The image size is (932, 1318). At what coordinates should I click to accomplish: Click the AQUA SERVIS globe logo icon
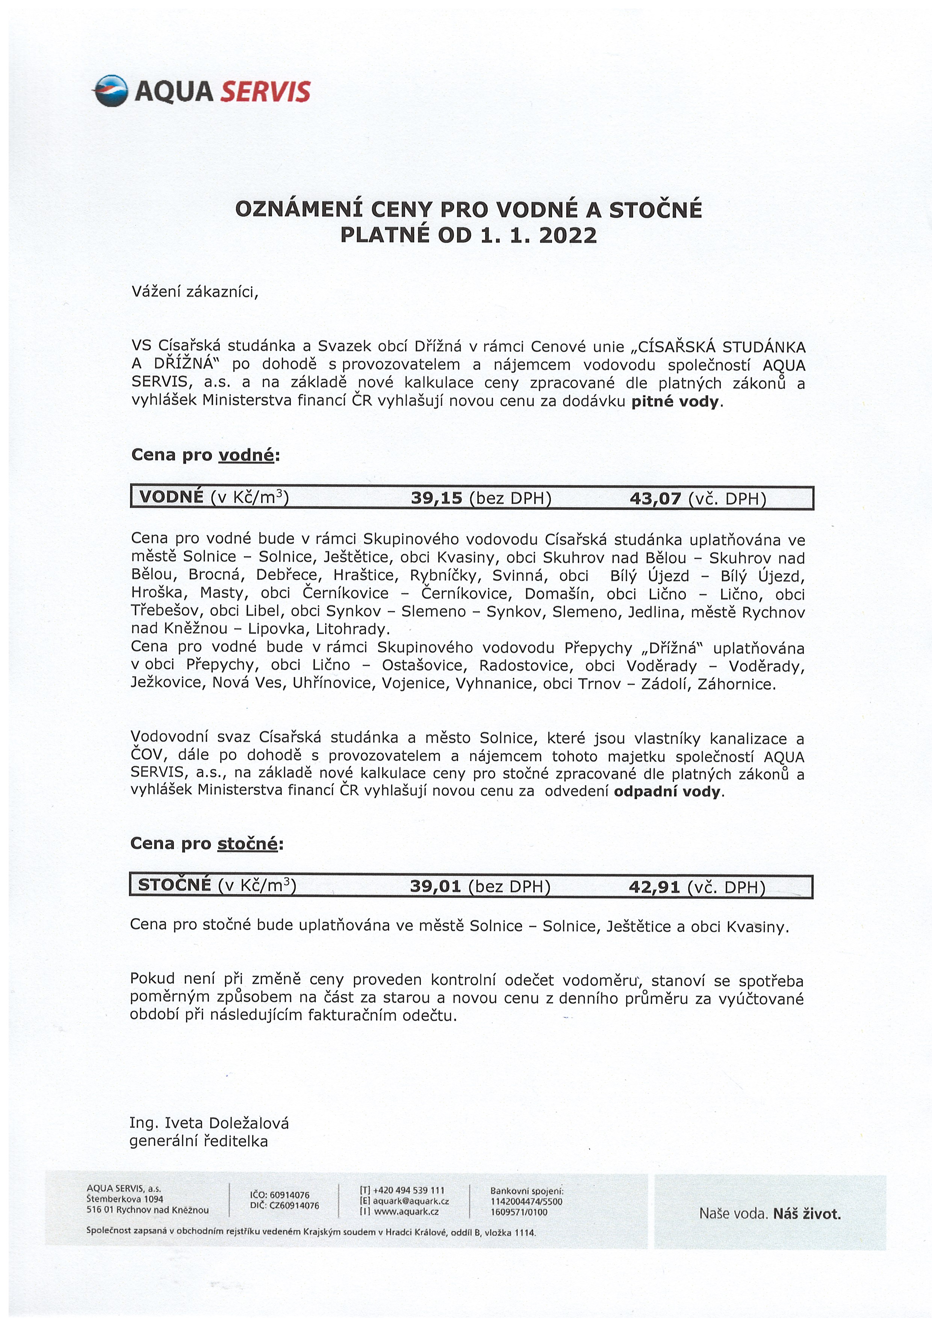point(110,91)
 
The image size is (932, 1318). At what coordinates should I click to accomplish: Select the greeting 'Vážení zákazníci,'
point(195,292)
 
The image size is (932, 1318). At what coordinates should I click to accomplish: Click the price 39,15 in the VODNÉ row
point(436,498)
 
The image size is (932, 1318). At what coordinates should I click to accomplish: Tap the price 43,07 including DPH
point(655,498)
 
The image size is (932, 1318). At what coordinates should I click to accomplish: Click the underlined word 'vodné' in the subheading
point(247,455)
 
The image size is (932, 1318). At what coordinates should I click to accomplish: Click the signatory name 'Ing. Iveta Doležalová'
point(209,1123)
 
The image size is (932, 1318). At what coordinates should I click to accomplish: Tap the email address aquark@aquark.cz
point(411,1201)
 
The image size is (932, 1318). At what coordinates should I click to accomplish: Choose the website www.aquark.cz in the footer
point(406,1212)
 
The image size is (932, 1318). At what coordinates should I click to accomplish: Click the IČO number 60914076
point(289,1195)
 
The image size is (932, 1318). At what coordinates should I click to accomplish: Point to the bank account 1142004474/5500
point(526,1202)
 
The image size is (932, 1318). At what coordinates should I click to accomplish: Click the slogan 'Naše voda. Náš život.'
point(770,1214)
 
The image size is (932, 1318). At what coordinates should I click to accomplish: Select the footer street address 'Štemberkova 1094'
point(125,1199)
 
